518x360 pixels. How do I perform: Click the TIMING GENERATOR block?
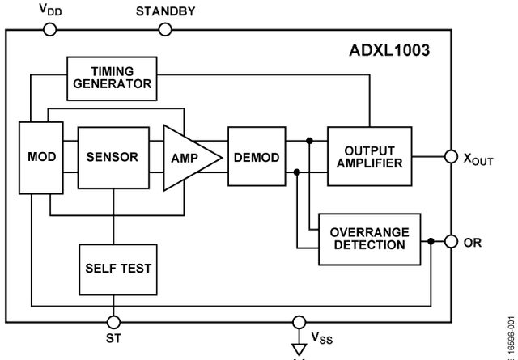(x=111, y=78)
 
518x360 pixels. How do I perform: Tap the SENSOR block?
(x=113, y=157)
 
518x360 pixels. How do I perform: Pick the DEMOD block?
(x=257, y=157)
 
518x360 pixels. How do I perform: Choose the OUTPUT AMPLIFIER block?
(x=368, y=157)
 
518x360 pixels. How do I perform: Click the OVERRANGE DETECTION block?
(x=369, y=239)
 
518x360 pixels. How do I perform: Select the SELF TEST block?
(x=117, y=268)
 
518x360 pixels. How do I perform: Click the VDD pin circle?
(x=49, y=30)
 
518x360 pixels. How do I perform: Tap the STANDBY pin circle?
(x=165, y=30)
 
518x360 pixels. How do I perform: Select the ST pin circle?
(x=114, y=322)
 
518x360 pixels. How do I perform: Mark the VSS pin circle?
(x=299, y=322)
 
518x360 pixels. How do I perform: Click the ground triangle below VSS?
(x=299, y=349)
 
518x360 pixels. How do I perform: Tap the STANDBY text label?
(x=165, y=11)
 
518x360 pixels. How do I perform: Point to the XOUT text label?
(x=477, y=159)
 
